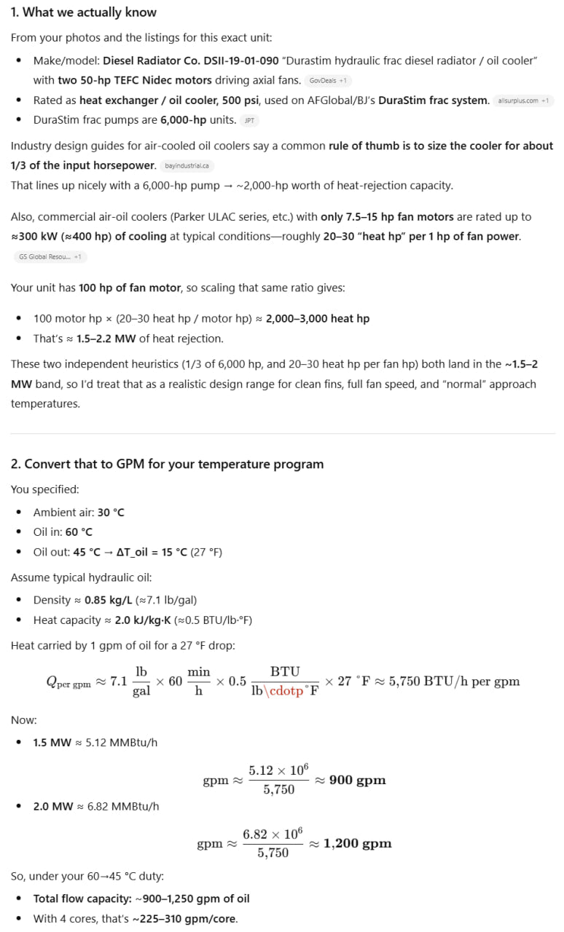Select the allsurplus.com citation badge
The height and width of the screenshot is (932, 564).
(523, 100)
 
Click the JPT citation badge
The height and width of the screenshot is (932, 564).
(250, 121)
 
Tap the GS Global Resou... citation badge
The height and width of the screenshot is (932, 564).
(50, 256)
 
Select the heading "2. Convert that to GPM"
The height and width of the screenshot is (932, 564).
(167, 464)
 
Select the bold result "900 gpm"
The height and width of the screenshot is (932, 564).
(357, 780)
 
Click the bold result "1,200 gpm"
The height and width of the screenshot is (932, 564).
(357, 843)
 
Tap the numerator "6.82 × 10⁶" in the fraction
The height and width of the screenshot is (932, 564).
(273, 834)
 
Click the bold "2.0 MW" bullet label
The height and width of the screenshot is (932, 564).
(52, 806)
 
